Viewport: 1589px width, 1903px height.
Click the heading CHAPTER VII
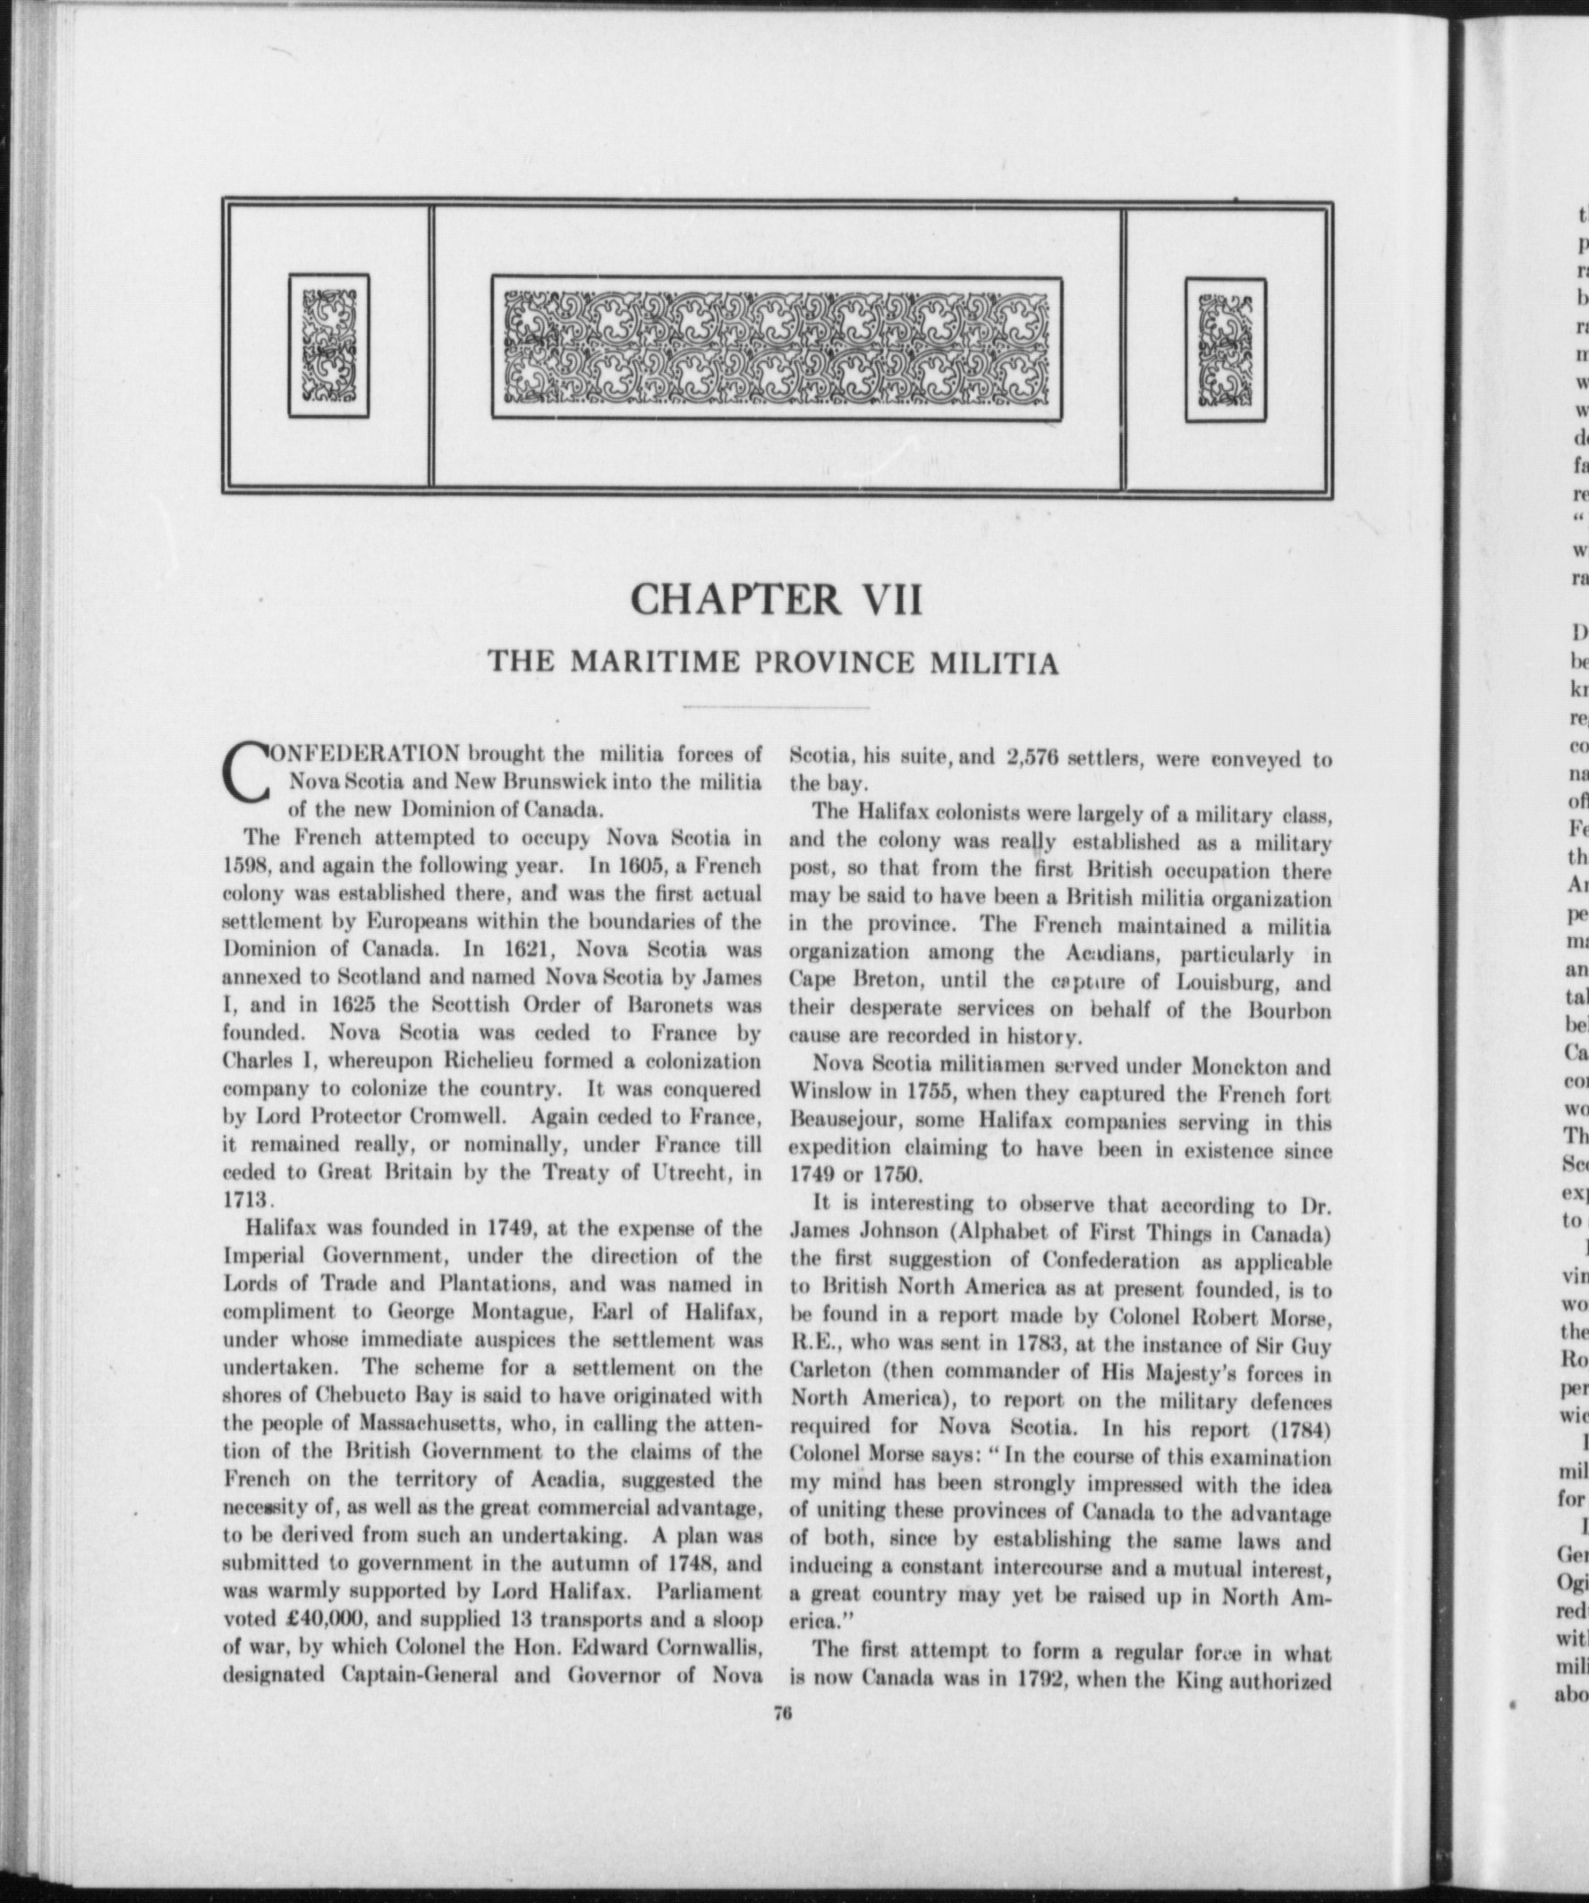click(x=777, y=599)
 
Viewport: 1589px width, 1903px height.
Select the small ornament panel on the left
click(x=328, y=345)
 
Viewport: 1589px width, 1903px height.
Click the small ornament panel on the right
click(x=1226, y=350)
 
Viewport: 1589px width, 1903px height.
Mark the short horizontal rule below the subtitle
click(x=777, y=706)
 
